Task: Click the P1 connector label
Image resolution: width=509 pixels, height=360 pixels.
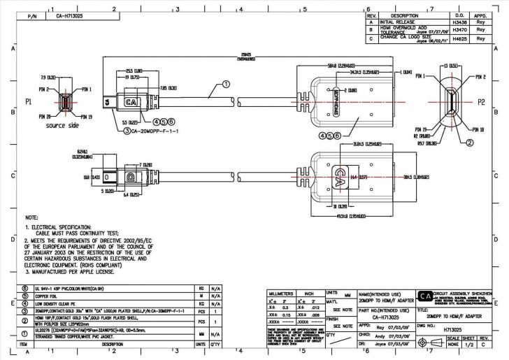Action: [x=29, y=102]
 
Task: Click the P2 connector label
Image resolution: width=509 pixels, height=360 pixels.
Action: [x=482, y=102]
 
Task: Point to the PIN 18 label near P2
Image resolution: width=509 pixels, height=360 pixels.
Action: [x=478, y=129]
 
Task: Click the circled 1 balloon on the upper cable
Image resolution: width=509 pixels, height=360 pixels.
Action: [x=225, y=83]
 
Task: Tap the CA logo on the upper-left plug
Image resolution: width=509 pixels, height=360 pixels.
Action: [x=130, y=102]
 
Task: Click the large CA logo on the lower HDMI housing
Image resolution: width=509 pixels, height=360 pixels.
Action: [x=339, y=173]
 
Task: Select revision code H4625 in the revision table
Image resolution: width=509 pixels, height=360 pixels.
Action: [x=459, y=40]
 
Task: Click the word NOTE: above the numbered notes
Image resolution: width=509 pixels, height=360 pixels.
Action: [x=31, y=218]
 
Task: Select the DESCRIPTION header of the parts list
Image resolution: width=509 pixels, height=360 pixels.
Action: [x=112, y=344]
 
